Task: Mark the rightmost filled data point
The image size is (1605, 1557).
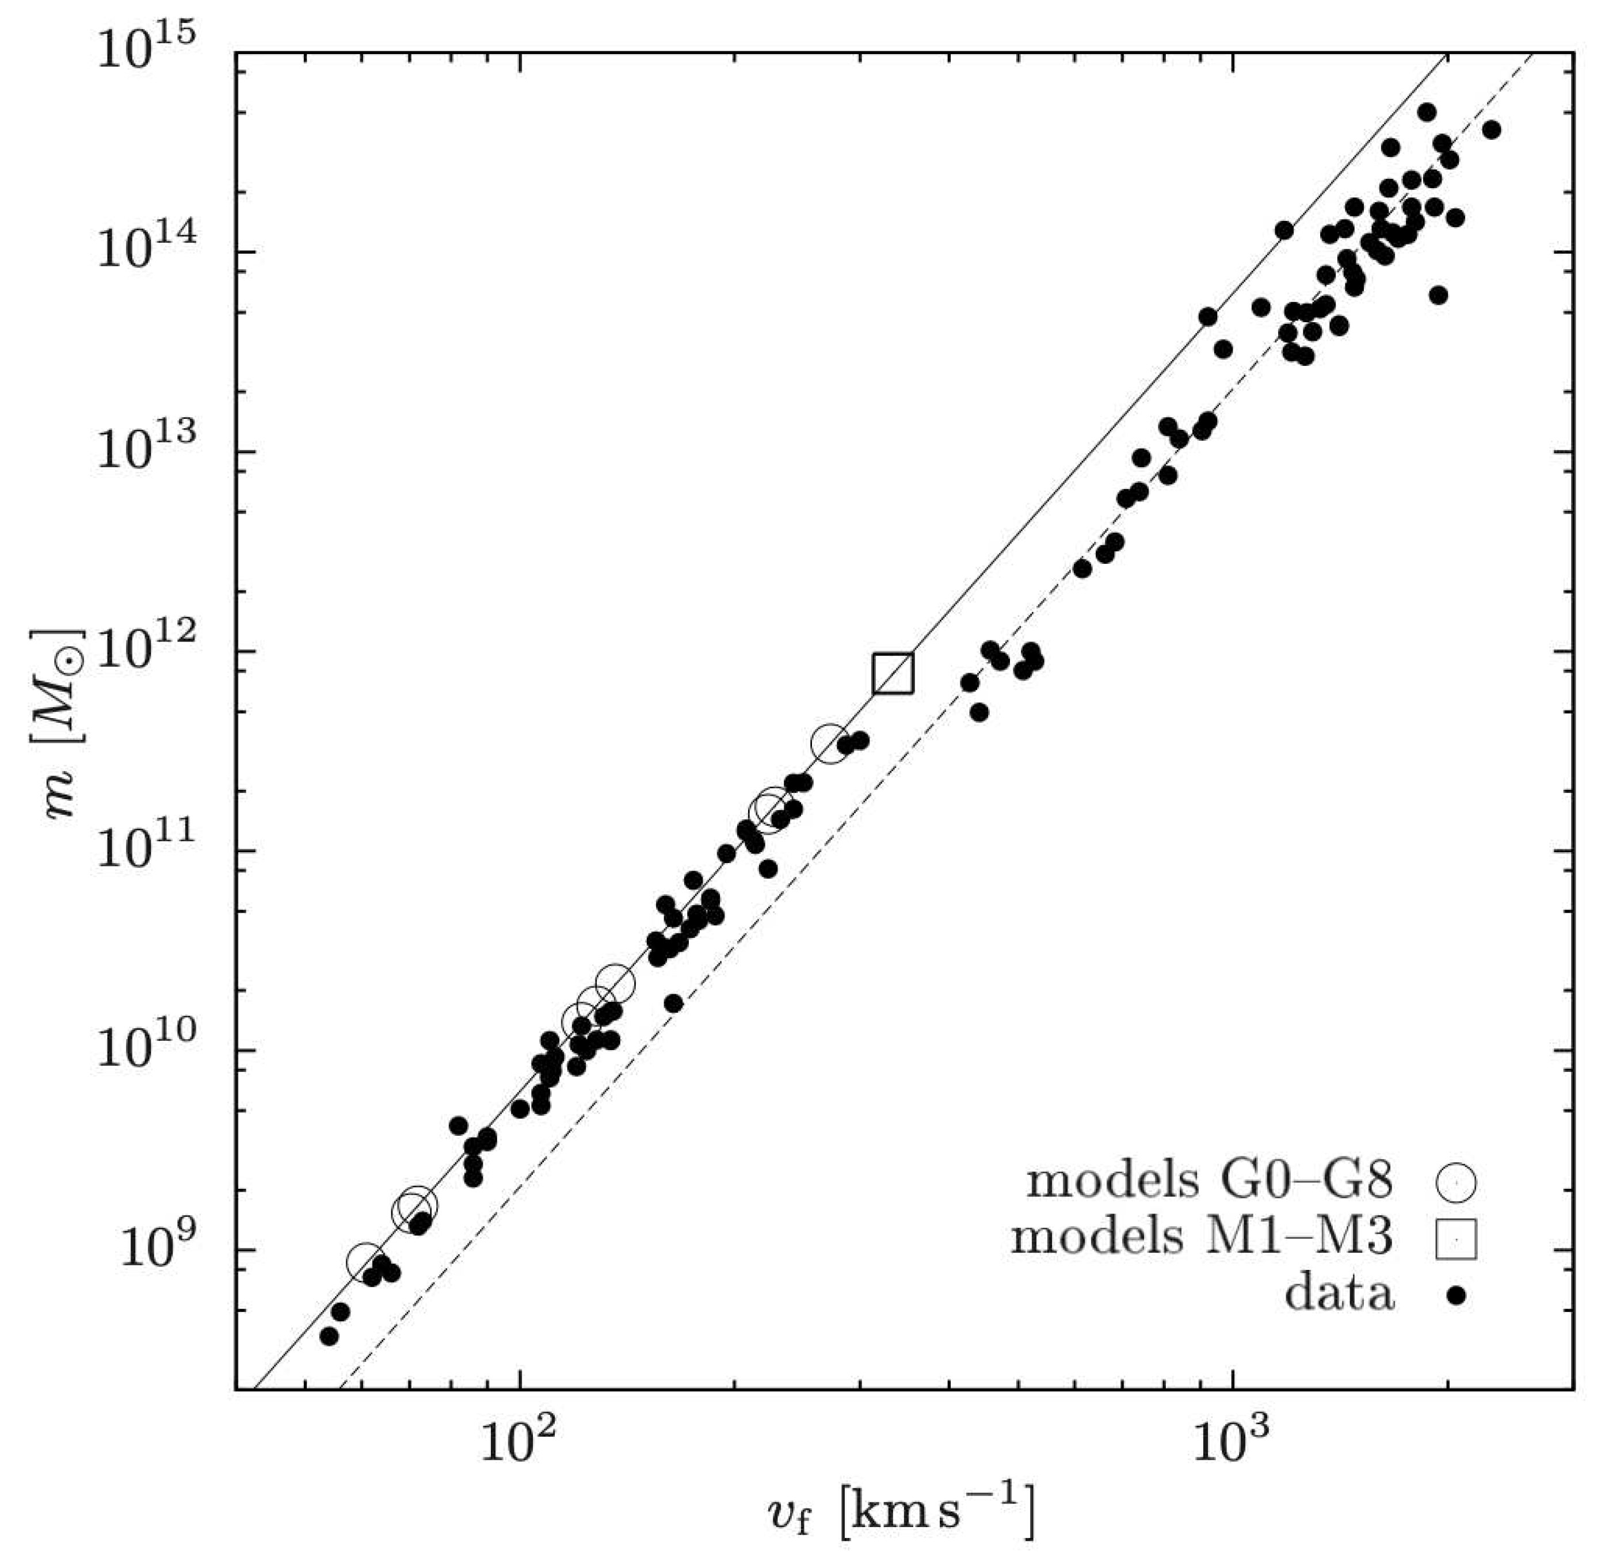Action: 1491,129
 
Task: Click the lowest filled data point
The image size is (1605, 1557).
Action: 329,1336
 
